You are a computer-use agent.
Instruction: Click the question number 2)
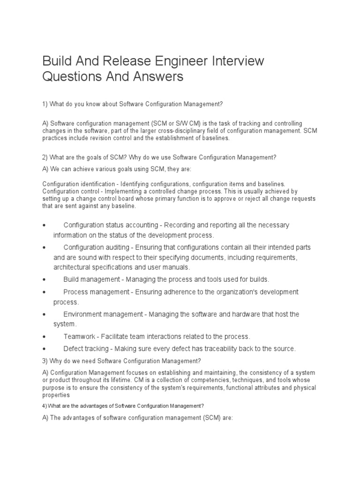point(45,157)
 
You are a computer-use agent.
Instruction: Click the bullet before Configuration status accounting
point(44,225)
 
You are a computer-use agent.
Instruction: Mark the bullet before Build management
point(44,280)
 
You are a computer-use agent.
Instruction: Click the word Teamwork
point(78,337)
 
